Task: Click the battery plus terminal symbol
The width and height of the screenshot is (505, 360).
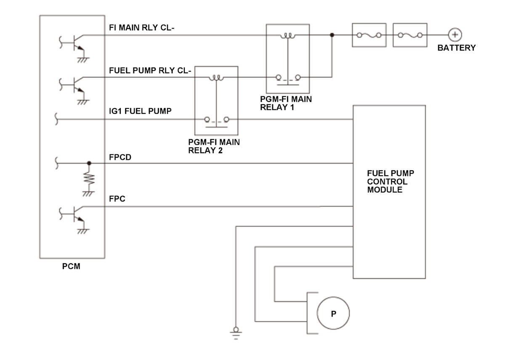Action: tap(455, 34)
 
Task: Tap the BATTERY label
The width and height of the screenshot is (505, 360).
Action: tap(457, 48)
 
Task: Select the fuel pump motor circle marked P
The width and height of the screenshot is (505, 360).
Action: tap(333, 313)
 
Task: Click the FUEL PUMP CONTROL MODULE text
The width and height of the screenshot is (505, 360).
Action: tap(391, 181)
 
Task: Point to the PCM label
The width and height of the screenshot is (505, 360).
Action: tap(71, 266)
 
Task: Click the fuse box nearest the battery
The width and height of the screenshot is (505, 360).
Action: tap(410, 35)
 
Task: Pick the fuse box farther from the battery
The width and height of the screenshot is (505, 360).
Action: tap(369, 35)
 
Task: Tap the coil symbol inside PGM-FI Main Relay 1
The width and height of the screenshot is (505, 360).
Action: tap(288, 36)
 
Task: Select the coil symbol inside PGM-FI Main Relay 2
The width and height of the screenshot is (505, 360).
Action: tap(216, 78)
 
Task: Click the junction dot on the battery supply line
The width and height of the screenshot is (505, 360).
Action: tap(332, 35)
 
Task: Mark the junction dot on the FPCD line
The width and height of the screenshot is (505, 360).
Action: tap(89, 163)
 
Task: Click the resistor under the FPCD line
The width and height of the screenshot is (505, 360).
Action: tap(89, 179)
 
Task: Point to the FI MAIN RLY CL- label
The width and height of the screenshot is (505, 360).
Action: tap(141, 27)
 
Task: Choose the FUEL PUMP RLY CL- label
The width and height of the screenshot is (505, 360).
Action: tap(150, 71)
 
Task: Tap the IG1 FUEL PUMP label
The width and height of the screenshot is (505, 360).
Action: tap(140, 111)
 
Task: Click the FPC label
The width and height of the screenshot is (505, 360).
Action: tap(117, 199)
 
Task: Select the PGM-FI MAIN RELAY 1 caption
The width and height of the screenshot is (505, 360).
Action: tap(286, 103)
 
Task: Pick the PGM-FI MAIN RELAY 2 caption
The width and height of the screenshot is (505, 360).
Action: tap(214, 146)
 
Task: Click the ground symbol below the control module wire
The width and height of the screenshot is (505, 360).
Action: tap(236, 334)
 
